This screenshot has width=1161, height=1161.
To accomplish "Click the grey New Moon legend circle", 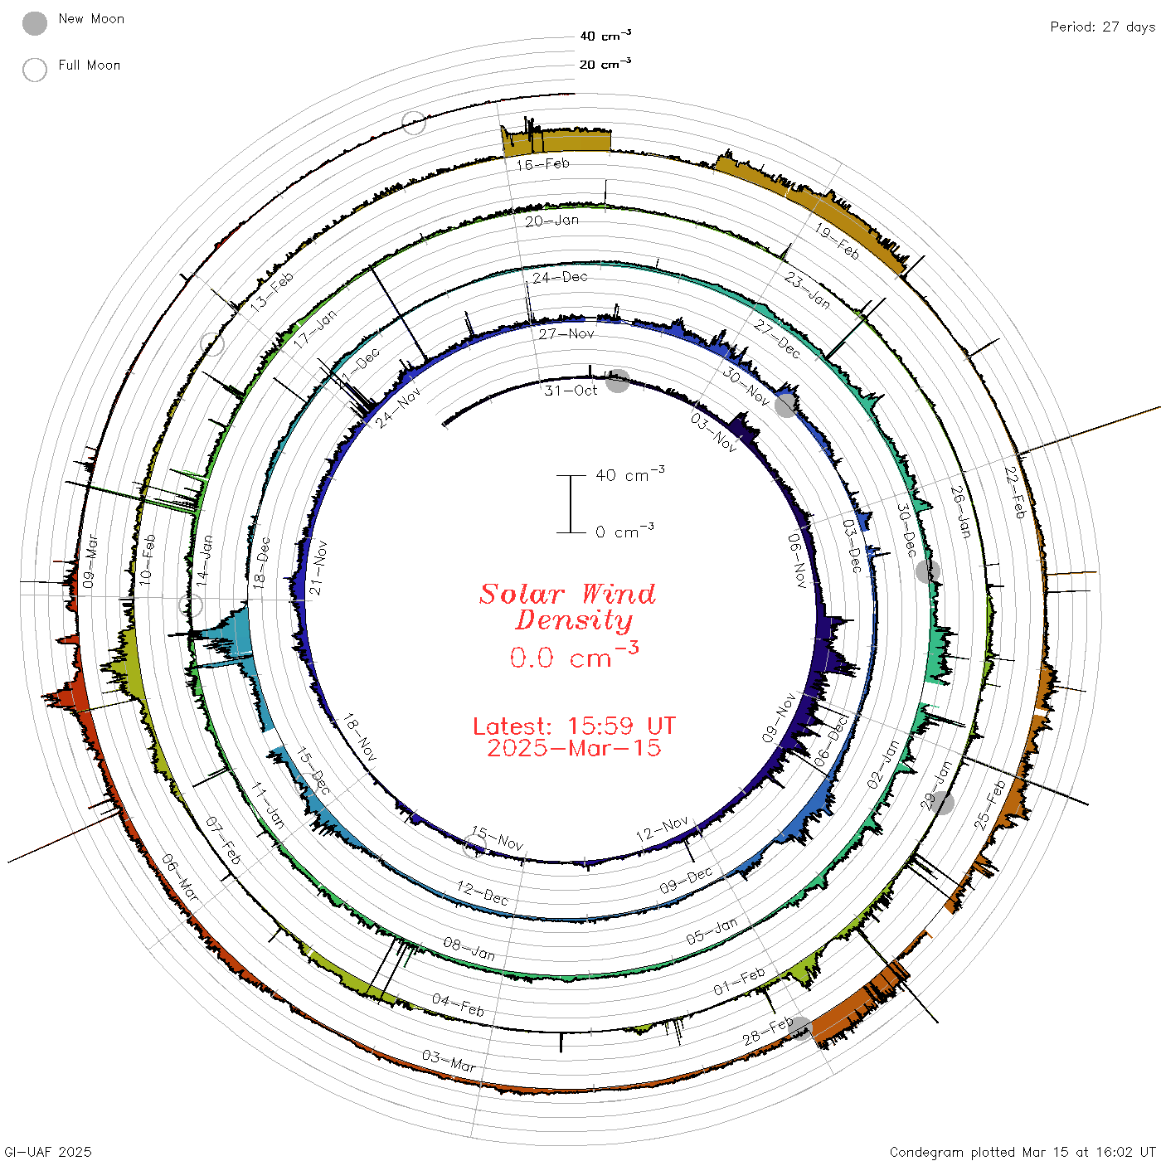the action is tap(35, 23).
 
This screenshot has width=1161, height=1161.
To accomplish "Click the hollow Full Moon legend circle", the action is tap(35, 70).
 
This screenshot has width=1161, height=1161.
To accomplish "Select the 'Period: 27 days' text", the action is tap(1103, 27).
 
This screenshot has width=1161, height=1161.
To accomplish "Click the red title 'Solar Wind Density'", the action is tap(567, 607).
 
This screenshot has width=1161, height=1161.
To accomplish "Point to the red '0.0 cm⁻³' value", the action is tap(574, 656).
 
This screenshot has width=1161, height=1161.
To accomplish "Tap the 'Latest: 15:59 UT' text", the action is tap(574, 726).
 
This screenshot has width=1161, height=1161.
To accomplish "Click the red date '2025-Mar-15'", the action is tap(574, 748).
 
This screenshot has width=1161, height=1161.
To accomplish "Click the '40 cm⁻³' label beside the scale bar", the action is tap(630, 474).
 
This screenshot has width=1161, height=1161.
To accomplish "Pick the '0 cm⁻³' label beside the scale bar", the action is tap(624, 532).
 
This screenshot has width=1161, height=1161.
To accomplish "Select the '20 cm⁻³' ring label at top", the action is tap(605, 64).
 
